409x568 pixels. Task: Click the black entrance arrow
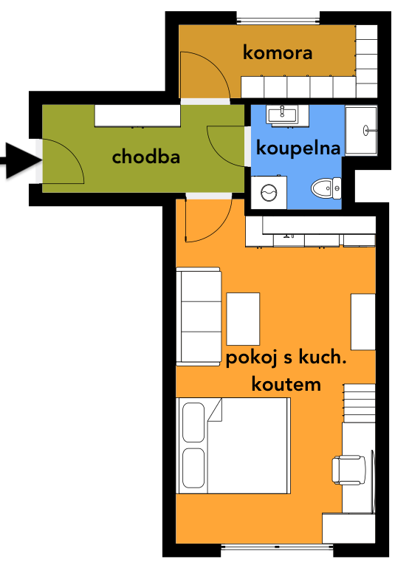pos(21,160)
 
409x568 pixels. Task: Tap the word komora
pos(278,52)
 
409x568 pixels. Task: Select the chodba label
pos(146,157)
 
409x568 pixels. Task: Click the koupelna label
pos(298,148)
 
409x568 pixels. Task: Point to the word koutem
pos(286,384)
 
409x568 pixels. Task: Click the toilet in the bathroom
pos(326,188)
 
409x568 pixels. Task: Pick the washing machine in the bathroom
pos(269,192)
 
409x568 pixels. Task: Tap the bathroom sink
pos(282,115)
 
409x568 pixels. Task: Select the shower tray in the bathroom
pos(361,131)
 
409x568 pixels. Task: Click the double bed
pos(233,445)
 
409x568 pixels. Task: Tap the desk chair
pos(349,470)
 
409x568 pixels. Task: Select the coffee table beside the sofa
pos(243,319)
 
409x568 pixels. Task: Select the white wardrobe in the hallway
pos(137,116)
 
